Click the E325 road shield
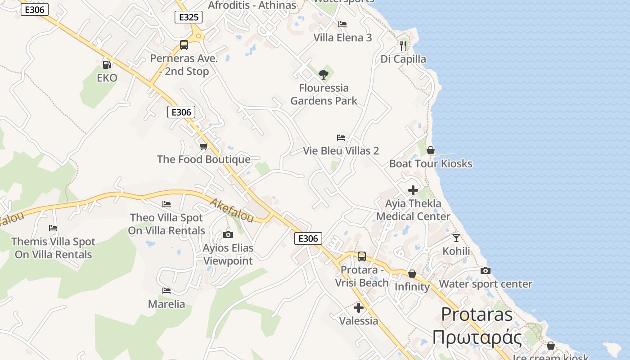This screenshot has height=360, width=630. (188, 17)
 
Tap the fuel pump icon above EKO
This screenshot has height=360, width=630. (107, 64)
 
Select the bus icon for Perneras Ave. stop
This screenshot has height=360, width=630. (184, 45)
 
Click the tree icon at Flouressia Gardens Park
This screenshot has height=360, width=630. (323, 74)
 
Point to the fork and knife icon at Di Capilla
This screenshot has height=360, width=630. (403, 45)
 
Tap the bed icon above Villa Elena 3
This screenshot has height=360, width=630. (342, 24)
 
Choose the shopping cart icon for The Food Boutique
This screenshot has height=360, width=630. (203, 146)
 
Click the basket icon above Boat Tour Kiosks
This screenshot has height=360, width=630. (431, 150)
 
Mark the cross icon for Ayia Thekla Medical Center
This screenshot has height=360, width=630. (413, 190)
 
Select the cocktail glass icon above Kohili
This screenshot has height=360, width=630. (456, 238)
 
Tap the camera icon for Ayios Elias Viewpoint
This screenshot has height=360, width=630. (228, 234)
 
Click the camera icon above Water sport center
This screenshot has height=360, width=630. (485, 270)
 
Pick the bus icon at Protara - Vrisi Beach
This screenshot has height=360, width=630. (361, 256)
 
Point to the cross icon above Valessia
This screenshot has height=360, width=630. (359, 308)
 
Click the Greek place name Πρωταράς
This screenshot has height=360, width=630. (477, 337)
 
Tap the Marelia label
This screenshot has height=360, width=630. (166, 304)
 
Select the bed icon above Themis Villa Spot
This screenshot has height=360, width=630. (53, 228)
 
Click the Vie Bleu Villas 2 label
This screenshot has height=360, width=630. (341, 151)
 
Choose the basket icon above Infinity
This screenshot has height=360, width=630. (412, 274)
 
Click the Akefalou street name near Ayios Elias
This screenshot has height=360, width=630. (231, 210)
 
